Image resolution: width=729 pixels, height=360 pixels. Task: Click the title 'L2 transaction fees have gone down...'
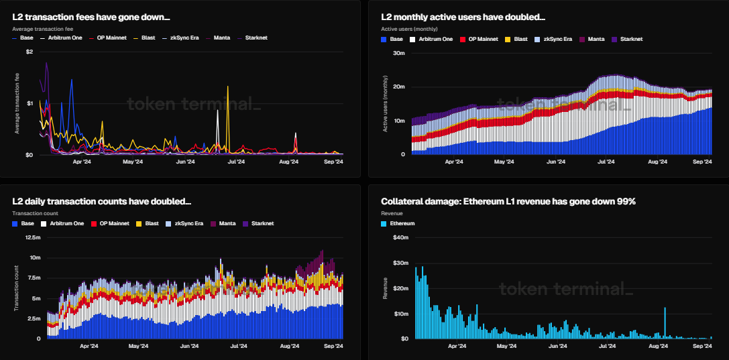[91, 16]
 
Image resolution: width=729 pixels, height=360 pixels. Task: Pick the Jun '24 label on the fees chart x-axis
[185, 162]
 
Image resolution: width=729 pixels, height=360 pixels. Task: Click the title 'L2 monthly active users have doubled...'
[463, 16]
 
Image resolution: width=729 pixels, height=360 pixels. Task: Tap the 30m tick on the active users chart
[398, 53]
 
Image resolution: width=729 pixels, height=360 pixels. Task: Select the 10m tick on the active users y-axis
[398, 121]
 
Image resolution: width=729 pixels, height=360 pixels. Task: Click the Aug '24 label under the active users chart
[659, 162]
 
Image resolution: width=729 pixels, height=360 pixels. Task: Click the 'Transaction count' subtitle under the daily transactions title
[34, 213]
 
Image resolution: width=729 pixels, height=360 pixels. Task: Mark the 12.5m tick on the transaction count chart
[32, 237]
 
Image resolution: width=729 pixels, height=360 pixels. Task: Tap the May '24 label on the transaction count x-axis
[137, 346]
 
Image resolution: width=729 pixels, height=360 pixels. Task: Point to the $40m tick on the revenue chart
[400, 237]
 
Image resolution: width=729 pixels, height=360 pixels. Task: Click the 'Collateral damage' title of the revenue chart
[508, 201]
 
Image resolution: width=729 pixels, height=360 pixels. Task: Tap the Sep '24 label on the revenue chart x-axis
[702, 346]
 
